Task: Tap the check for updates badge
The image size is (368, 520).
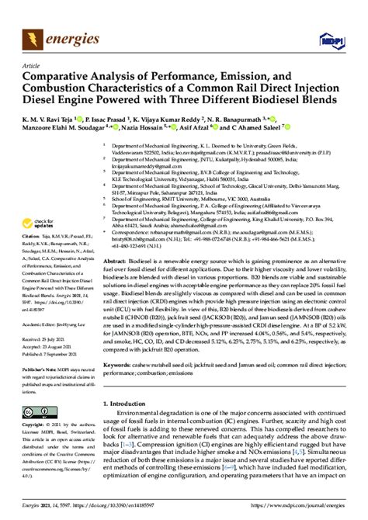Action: pyautogui.click(x=34, y=203)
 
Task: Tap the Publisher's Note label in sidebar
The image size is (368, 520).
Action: pyautogui.click(x=36, y=370)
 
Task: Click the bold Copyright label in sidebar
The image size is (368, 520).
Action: pyautogui.click(x=34, y=427)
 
